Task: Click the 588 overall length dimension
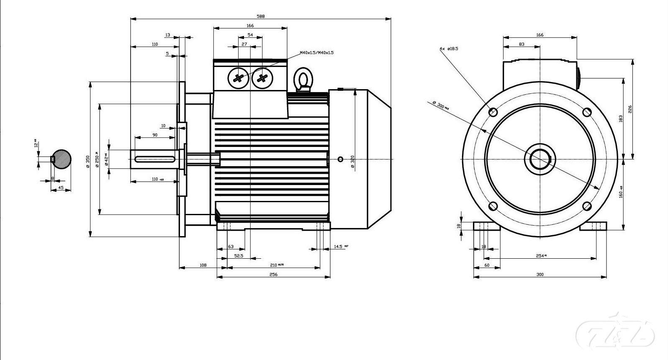pos(261,16)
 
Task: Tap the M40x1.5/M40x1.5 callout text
pos(316,53)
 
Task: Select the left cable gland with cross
pos(239,78)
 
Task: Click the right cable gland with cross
pos(262,78)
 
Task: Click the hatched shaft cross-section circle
pos(61,159)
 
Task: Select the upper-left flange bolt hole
pos(493,112)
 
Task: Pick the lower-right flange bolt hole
pos(587,206)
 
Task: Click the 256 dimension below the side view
pos(273,275)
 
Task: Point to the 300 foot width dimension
pos(540,275)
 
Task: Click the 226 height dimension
pos(630,109)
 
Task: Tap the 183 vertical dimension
pos(621,118)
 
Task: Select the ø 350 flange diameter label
pos(87,161)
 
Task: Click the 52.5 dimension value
pos(239,256)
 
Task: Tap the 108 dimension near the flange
pos(203,265)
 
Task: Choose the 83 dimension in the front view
pos(522,44)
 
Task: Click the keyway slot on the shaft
pos(155,159)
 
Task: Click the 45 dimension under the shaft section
pos(61,188)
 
